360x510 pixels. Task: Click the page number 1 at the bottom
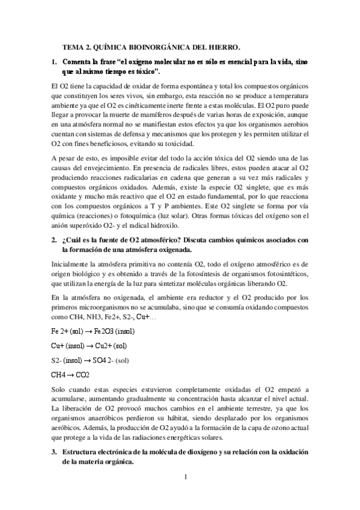pos(186,477)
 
